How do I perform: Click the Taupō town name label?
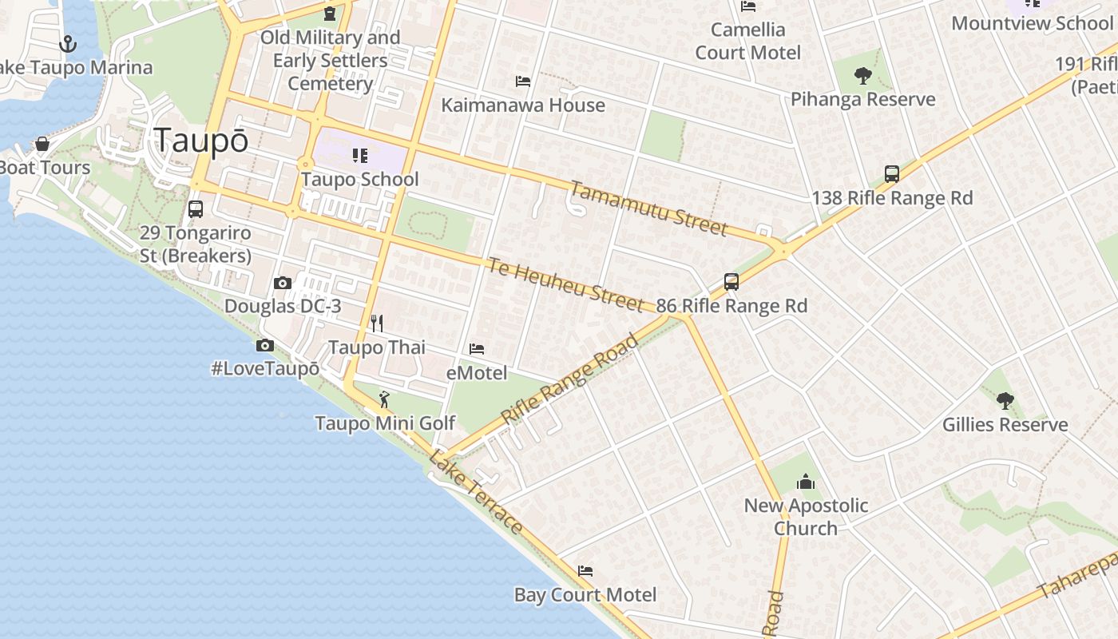point(201,141)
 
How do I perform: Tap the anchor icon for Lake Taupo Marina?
point(68,44)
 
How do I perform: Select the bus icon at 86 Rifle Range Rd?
point(731,281)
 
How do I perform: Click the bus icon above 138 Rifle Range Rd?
point(892,173)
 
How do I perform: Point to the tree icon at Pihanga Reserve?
point(862,76)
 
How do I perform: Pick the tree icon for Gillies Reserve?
point(1005,400)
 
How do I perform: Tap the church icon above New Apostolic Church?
point(805,482)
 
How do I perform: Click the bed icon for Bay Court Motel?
point(585,571)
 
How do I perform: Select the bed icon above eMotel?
point(477,349)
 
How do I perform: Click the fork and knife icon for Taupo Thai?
point(377,323)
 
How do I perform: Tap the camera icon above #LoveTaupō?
point(265,345)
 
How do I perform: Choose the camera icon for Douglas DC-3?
point(282,283)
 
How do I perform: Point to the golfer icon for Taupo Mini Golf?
point(384,399)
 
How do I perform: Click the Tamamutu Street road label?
point(648,208)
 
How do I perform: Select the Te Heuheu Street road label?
point(565,284)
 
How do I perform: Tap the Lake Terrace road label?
point(476,492)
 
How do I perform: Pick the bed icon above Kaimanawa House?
point(523,81)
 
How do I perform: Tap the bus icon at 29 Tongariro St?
point(196,209)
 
